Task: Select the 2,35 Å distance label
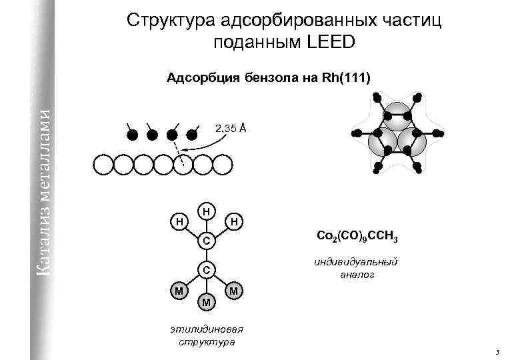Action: [230, 127]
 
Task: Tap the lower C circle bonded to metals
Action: [207, 270]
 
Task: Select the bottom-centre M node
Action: [207, 302]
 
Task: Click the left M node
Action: [178, 291]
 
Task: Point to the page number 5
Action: [497, 351]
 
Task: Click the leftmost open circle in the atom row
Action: [103, 164]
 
